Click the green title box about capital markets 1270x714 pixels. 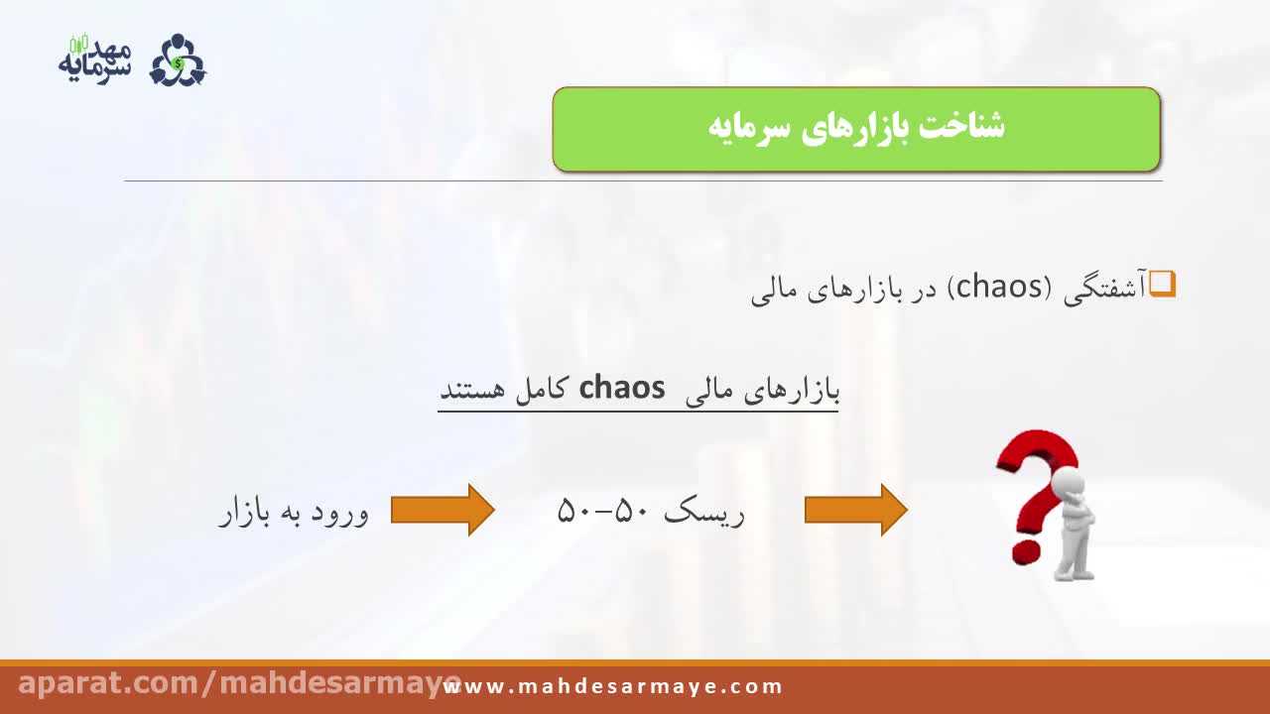(x=856, y=129)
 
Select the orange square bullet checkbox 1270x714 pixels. (x=1162, y=284)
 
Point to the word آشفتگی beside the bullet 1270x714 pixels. (x=1105, y=289)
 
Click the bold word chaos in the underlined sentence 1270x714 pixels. (x=622, y=388)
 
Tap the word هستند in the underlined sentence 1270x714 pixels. (x=472, y=390)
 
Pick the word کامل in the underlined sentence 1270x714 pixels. (x=541, y=390)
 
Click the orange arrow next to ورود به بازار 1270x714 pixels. (x=443, y=510)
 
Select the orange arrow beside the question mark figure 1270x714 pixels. (x=856, y=510)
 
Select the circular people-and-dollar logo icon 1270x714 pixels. (x=178, y=60)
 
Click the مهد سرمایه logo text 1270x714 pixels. (x=94, y=59)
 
